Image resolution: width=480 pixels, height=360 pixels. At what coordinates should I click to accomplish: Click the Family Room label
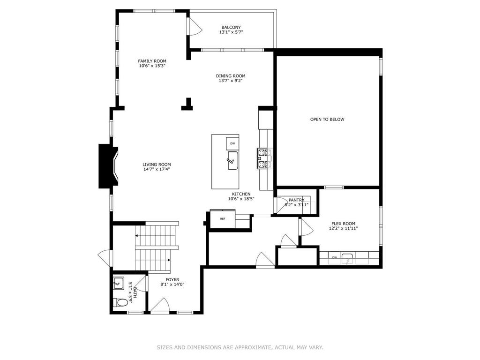[152, 61]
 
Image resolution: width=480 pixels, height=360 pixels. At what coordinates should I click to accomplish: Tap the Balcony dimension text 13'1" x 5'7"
[231, 32]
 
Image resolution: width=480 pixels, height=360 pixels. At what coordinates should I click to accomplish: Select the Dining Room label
[231, 76]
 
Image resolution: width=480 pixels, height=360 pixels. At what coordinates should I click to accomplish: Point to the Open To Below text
[327, 120]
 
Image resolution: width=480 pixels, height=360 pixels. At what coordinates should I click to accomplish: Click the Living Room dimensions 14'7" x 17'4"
[157, 169]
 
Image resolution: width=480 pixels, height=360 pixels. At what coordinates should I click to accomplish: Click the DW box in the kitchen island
[232, 143]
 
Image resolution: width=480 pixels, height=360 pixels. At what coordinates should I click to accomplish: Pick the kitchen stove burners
[264, 158]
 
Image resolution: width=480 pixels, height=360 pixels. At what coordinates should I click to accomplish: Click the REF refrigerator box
[223, 219]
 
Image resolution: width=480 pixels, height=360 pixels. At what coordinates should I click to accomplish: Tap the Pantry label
[296, 200]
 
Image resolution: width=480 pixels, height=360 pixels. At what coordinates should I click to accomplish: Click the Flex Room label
[343, 224]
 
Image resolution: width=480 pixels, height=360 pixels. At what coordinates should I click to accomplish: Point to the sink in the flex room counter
[347, 259]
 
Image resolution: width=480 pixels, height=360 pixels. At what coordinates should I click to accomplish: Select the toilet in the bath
[120, 302]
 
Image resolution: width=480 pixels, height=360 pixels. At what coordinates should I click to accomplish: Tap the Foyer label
[172, 279]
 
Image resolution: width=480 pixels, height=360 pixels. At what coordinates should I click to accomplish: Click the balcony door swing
[195, 26]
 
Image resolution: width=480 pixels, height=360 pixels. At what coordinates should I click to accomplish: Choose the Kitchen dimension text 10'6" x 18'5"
[241, 199]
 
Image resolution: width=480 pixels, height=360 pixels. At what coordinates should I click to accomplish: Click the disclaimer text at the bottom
[240, 347]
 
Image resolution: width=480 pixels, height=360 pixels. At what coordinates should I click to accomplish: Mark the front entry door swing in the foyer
[160, 306]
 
